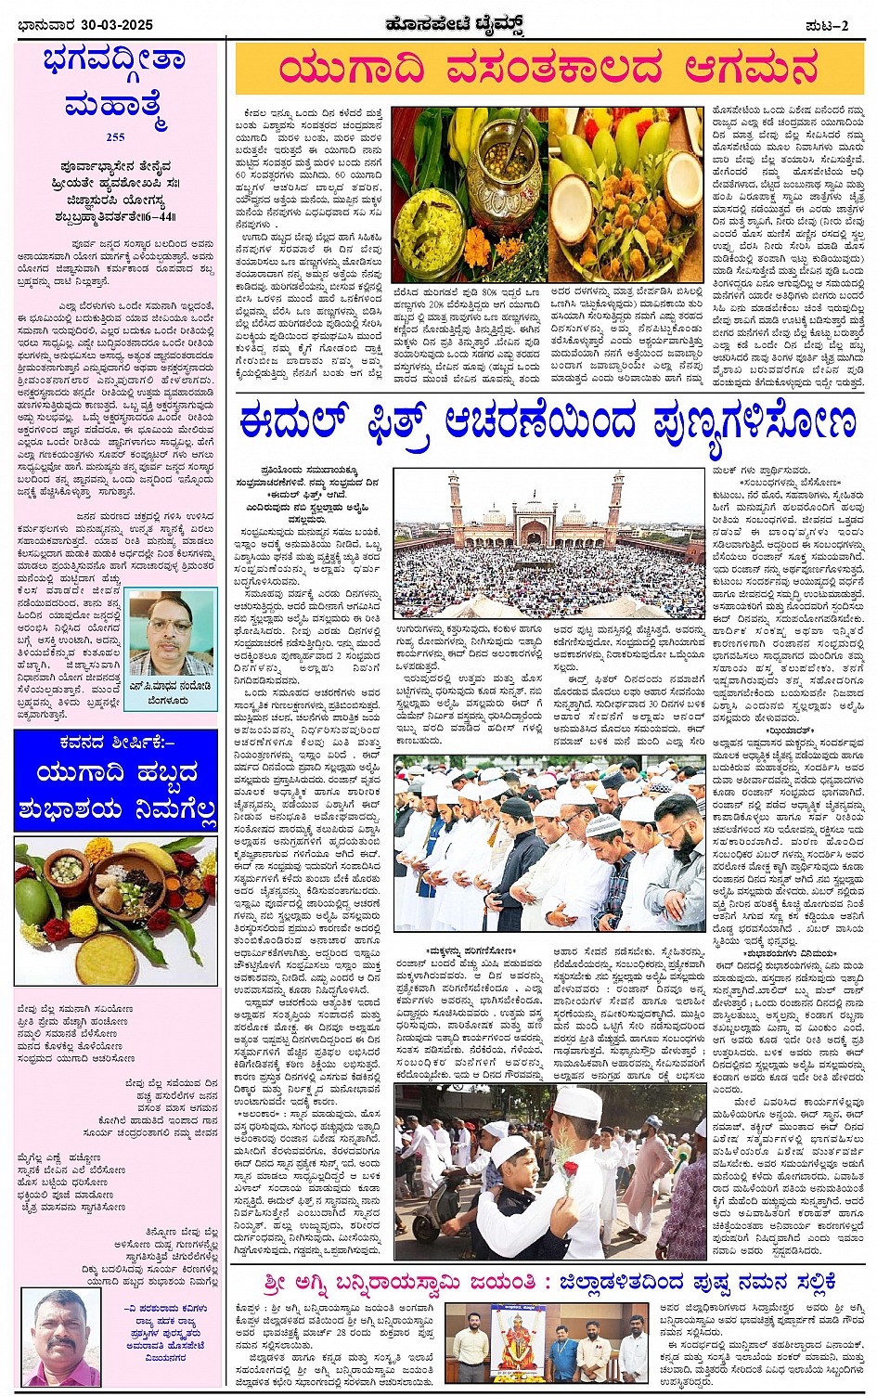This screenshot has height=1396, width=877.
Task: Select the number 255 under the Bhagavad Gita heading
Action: pos(115,137)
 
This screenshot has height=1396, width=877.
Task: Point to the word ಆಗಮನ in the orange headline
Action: pos(752,70)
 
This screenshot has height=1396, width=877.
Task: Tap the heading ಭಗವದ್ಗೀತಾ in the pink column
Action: pos(115,61)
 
